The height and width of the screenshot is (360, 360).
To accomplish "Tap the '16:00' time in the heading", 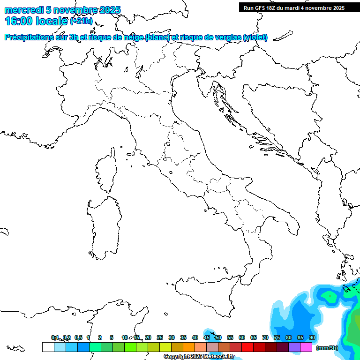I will pos(19,21).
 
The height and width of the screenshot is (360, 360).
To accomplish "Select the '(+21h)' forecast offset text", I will pos(81,21).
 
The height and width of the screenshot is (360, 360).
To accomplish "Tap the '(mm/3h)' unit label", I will pos(327,348).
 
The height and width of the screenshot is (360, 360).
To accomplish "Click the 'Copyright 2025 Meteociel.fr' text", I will pos(199,357).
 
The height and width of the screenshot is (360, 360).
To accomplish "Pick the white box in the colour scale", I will pos(48,347).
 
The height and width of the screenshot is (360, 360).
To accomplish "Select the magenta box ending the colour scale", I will pos(306,347).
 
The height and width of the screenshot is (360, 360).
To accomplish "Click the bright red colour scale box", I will pos(247,347).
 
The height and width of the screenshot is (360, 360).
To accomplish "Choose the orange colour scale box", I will pos(189,347).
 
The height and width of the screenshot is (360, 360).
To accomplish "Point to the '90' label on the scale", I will pos(312,338).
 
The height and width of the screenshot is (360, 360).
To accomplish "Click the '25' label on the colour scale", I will pos(160,338).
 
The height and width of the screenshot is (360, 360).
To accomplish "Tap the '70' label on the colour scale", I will pos(265,338).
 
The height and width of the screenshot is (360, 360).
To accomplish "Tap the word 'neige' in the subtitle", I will pos(134,37).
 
